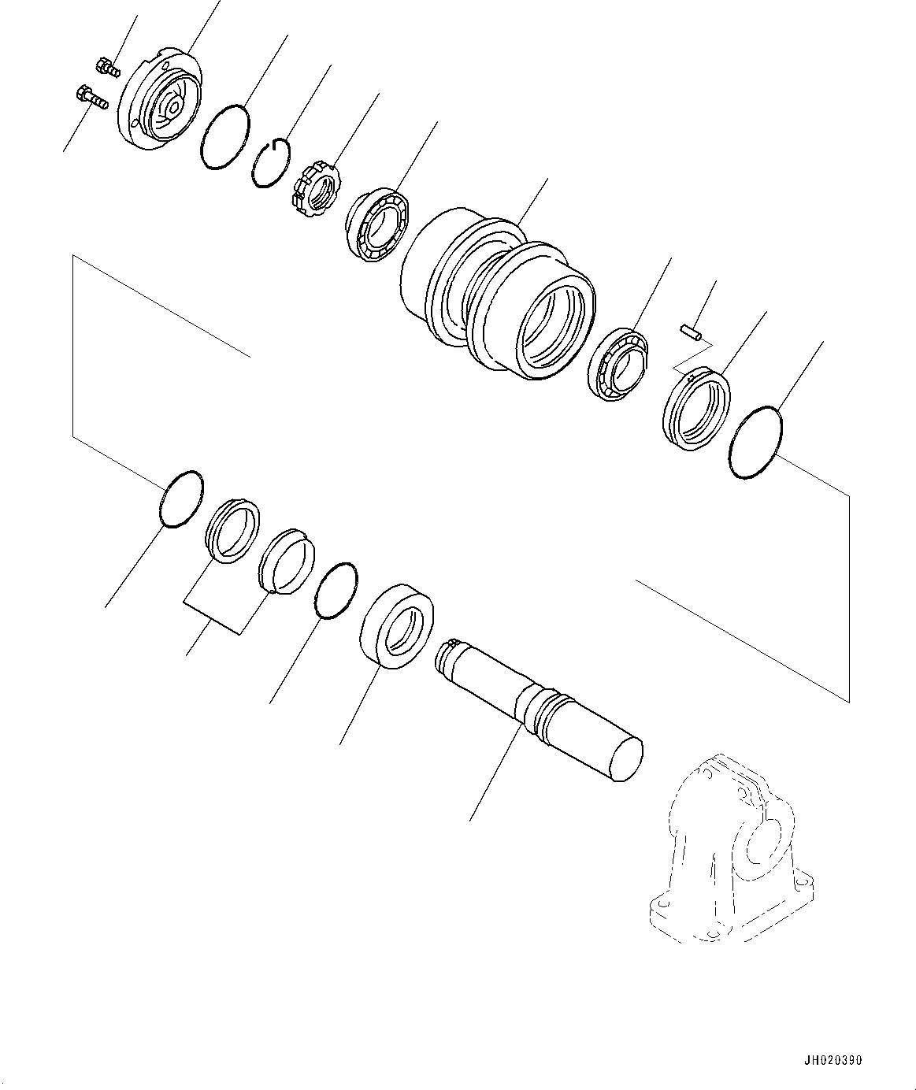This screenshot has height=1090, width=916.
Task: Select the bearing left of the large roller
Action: [x=376, y=224]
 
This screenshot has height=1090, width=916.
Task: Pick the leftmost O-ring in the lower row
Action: [x=180, y=499]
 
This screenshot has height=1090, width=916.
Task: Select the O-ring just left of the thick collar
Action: [x=335, y=591]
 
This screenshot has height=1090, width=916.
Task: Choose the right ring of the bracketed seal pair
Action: [x=286, y=560]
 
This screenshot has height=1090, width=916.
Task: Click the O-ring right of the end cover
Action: [x=225, y=136]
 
